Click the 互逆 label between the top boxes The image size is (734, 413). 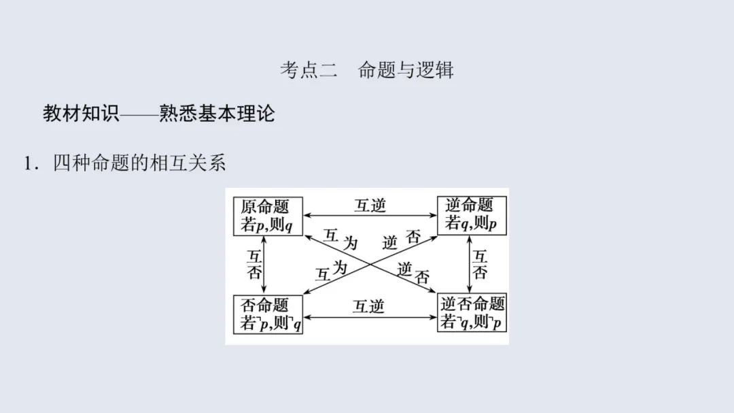point(370,205)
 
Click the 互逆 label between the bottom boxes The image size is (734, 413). point(368,307)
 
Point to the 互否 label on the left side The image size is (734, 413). point(254,265)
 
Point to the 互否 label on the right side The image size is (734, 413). point(480,265)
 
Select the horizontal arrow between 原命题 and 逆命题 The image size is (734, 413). point(370,216)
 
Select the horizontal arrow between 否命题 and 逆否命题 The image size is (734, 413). point(370,317)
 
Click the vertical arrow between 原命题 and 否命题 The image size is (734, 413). point(264,265)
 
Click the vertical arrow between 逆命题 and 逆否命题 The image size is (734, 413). point(470,265)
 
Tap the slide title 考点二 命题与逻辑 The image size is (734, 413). point(367,70)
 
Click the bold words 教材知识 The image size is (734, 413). point(81,114)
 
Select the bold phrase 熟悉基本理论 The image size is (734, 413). point(217,114)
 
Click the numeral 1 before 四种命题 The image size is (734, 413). point(28,164)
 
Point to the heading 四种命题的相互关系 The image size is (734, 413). point(139,163)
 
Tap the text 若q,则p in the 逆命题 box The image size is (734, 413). point(470,224)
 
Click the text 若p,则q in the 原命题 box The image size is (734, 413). point(266,225)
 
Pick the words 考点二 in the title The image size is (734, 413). point(309,70)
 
